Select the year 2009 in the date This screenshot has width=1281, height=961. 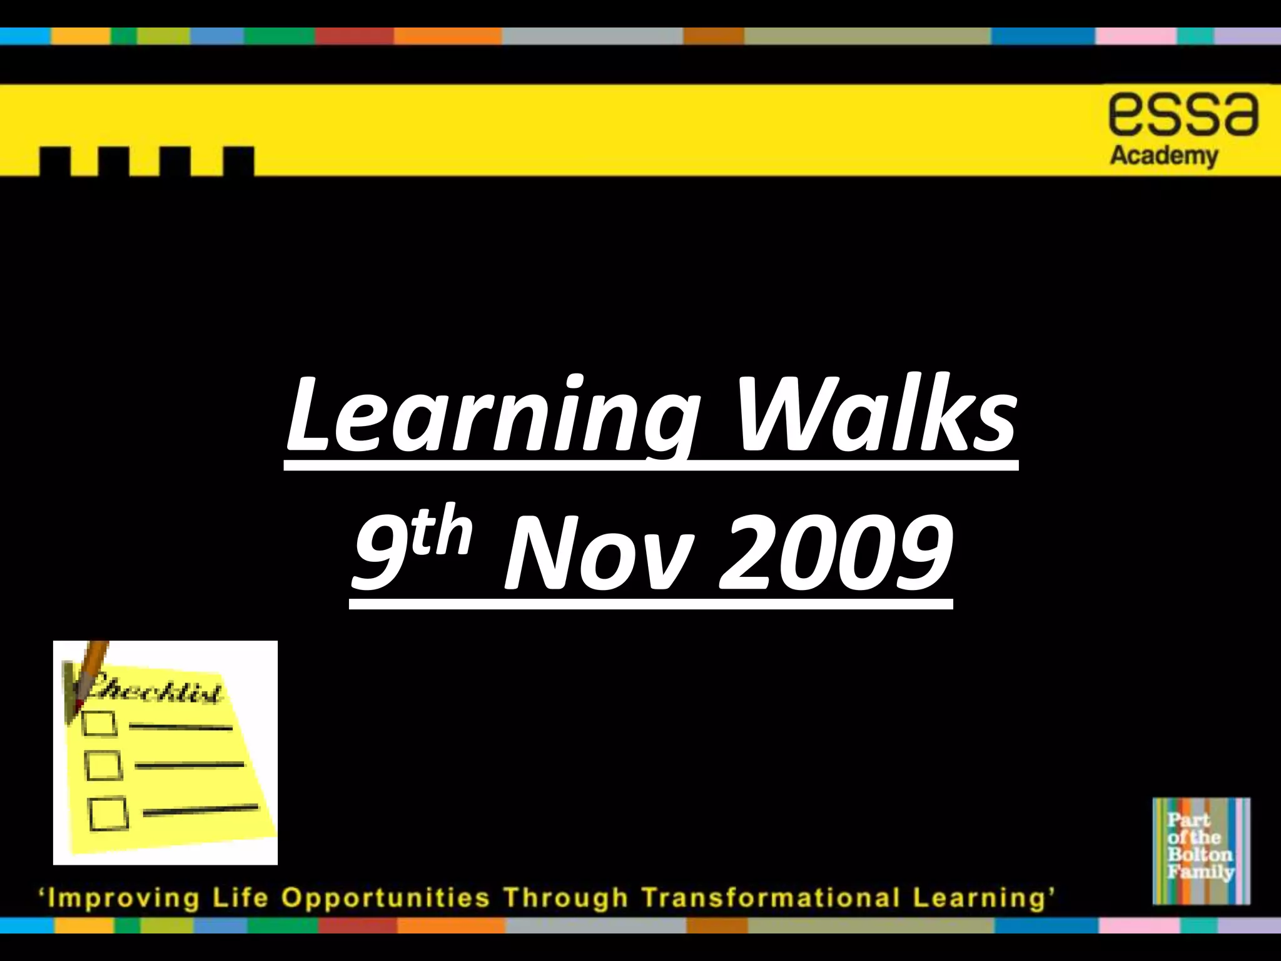tap(836, 554)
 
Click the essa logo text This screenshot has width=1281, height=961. tap(1183, 116)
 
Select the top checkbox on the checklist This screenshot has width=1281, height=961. tap(99, 724)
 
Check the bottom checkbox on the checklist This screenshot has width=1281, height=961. tap(108, 813)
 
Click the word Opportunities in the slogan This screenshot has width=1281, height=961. tap(385, 898)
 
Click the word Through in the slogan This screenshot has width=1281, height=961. tap(566, 898)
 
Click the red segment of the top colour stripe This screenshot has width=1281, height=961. tap(354, 36)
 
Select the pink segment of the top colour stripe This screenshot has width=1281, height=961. tap(1135, 36)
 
